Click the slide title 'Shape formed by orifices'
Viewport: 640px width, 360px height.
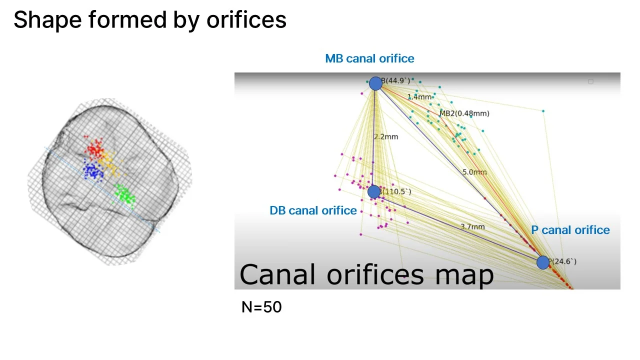(x=150, y=20)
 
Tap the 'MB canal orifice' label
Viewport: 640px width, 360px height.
(x=369, y=58)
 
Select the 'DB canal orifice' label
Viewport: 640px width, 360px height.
(x=313, y=210)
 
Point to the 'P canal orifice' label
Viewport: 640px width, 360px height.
(x=570, y=230)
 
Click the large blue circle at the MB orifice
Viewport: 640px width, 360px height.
(x=375, y=83)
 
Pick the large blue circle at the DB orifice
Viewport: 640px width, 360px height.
(x=373, y=191)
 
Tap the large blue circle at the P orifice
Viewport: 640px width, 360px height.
(x=542, y=262)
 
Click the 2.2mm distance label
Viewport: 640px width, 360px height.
(x=386, y=136)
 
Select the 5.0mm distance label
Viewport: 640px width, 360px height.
(x=474, y=172)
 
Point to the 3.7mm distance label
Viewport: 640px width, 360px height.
(x=472, y=226)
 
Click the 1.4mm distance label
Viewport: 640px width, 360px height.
(x=419, y=96)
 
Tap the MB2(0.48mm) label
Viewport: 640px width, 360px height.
(x=464, y=113)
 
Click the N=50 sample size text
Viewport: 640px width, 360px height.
(x=261, y=307)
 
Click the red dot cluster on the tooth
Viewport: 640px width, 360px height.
(x=95, y=148)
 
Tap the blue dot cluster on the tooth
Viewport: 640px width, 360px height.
(x=93, y=171)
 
